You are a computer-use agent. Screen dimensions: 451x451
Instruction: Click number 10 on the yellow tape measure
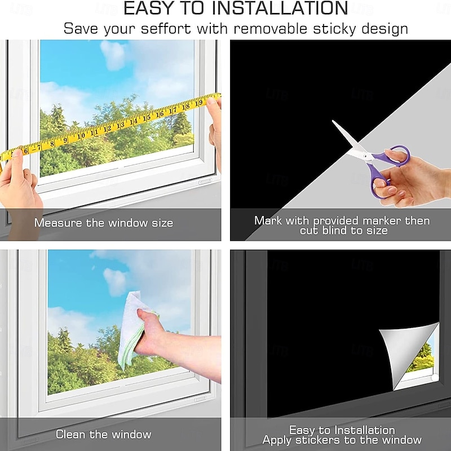click(x=81, y=135)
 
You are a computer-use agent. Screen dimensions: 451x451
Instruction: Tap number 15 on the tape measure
click(x=147, y=117)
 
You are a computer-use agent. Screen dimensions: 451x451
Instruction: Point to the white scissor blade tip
click(x=333, y=121)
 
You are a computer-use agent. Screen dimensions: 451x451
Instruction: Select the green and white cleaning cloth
click(x=133, y=330)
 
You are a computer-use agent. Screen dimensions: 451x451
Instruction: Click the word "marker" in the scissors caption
click(x=382, y=220)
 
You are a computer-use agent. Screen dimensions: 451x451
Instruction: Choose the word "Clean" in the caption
click(x=70, y=434)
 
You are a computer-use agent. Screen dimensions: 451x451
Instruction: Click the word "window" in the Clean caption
click(x=131, y=434)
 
